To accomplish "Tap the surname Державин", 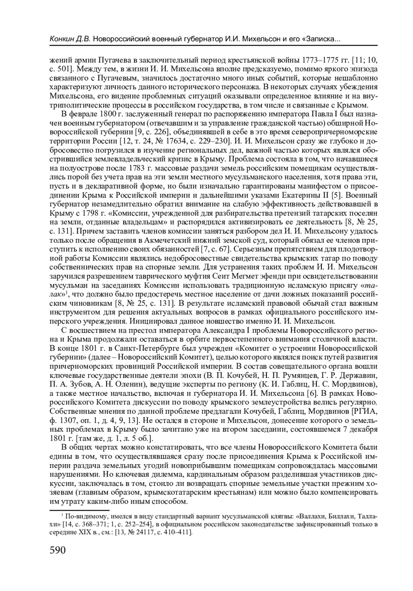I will coord(361,375).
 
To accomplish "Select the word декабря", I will coord(364,429).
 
